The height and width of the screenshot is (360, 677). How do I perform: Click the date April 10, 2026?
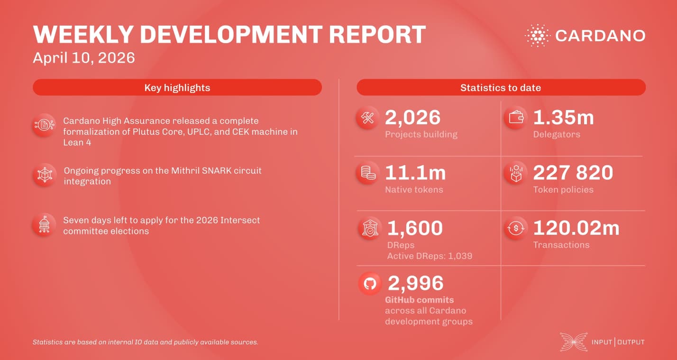pos(84,58)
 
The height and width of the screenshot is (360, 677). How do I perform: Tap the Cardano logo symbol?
pos(537,36)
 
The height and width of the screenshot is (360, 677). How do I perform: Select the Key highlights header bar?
pos(177,87)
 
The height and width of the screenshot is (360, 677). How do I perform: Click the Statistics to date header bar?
pos(501,87)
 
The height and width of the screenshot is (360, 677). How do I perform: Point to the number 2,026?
pos(412,118)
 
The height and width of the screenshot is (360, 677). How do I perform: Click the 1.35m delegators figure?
pos(563,118)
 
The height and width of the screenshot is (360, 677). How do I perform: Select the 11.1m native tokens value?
pos(415,173)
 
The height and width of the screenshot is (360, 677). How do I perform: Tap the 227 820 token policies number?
pos(573,173)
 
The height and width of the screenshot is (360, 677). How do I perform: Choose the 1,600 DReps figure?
pos(415,228)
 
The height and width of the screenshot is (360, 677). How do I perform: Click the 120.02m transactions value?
pos(576,228)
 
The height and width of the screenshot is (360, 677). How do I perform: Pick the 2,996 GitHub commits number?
pos(415,283)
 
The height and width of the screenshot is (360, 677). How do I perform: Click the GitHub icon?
pos(370,284)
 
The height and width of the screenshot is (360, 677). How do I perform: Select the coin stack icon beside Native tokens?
pos(368,173)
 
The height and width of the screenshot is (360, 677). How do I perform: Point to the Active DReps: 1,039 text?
pos(430,256)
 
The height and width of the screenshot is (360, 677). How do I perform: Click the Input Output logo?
pos(602,342)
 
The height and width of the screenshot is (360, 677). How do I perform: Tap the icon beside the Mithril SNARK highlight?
pos(45,175)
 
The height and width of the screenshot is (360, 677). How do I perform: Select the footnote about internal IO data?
pos(145,342)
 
